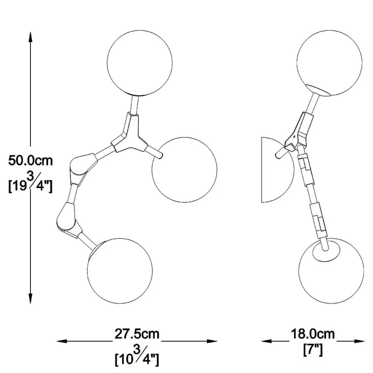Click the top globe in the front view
click(140, 63)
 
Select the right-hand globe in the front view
click(184, 170)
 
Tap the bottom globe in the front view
click(120, 271)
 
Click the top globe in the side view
click(329, 63)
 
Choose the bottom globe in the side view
click(331, 271)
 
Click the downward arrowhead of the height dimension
click(30, 298)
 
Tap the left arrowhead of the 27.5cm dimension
click(62, 341)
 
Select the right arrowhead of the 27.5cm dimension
click(212, 341)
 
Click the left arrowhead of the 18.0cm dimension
click(267, 341)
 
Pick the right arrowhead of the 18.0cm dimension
click(359, 341)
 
